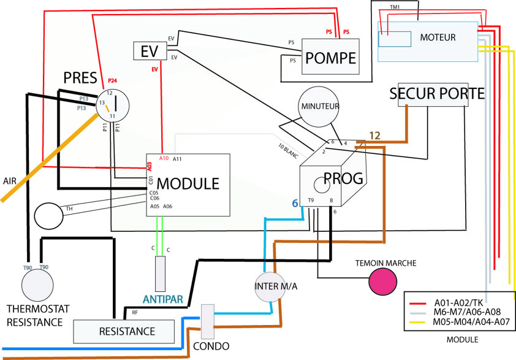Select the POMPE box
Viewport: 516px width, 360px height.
330,58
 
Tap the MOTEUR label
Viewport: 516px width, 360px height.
438,37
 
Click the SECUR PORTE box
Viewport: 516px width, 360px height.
437,94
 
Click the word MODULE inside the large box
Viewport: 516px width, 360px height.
188,183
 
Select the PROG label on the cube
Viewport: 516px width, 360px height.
344,178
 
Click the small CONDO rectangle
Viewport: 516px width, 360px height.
207,321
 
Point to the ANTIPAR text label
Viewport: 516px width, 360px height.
162,300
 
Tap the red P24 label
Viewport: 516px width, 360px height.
112,80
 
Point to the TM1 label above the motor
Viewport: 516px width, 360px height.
396,7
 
